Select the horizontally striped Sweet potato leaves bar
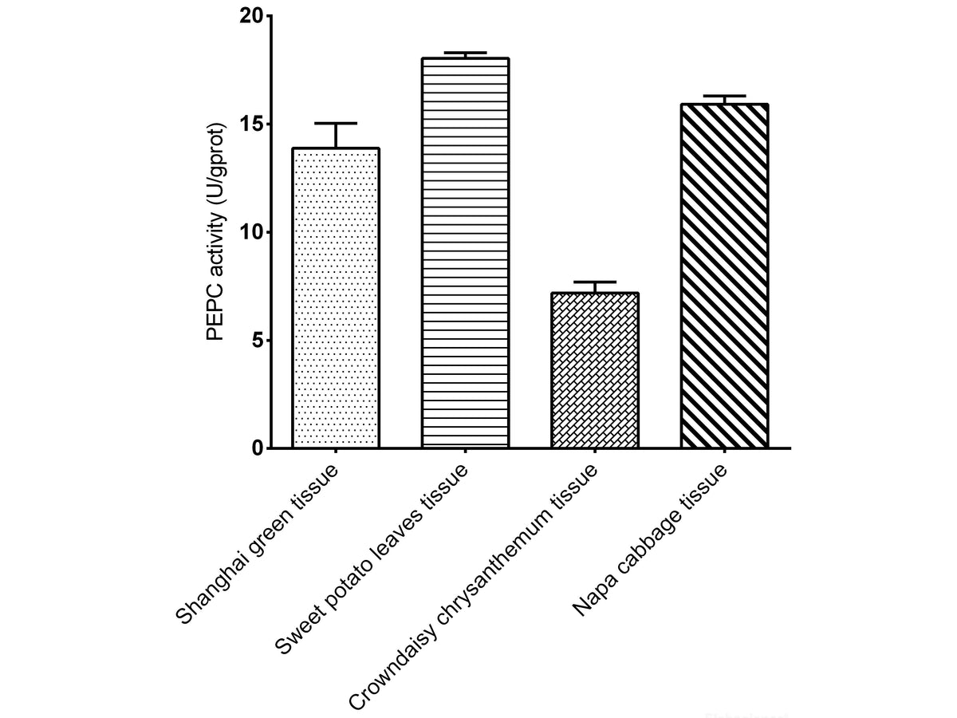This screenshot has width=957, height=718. (x=465, y=253)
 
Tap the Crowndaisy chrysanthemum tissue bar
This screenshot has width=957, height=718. (x=595, y=370)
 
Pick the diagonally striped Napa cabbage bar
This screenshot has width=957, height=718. (x=724, y=276)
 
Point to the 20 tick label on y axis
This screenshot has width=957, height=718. (x=251, y=17)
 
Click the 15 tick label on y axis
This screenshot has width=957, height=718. (x=251, y=124)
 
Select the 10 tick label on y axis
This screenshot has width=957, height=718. (x=251, y=232)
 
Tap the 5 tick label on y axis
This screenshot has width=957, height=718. (x=258, y=340)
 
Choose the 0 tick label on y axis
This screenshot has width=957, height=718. (x=258, y=448)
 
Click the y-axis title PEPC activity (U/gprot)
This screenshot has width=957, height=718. (x=217, y=232)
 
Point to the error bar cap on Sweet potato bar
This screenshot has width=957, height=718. (x=465, y=53)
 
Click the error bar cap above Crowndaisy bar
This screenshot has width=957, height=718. (x=595, y=282)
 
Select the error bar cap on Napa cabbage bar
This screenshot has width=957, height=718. (x=724, y=96)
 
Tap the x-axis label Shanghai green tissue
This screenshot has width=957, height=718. (x=258, y=545)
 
